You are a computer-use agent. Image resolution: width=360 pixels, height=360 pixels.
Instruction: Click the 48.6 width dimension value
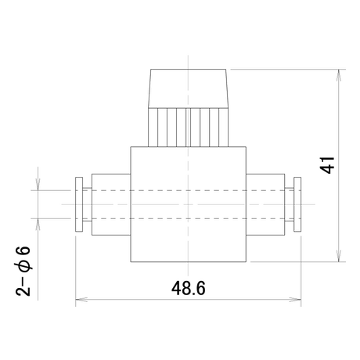[x=189, y=288]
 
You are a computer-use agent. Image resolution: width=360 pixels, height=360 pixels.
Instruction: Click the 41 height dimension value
[x=327, y=165]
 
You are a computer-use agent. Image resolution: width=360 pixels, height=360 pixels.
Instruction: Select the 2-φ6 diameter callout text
[x=23, y=271]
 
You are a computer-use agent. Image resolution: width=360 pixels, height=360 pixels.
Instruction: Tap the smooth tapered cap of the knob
[x=188, y=88]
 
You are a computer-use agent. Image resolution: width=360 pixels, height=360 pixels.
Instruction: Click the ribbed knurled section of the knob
[x=188, y=128]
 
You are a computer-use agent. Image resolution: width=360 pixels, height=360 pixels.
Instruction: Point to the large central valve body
[x=188, y=204]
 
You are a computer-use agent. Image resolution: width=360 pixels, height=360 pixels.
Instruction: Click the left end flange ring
[x=79, y=204]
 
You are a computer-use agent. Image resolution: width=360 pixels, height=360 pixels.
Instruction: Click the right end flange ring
[x=297, y=204]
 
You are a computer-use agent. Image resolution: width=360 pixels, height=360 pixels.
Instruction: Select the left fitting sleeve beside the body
[x=111, y=204]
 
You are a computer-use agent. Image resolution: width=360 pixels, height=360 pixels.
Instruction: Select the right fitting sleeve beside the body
[x=265, y=204]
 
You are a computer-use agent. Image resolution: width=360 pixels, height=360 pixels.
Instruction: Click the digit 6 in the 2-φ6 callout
[x=23, y=251]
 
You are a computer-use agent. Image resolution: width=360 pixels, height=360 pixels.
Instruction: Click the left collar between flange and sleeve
[x=87, y=204]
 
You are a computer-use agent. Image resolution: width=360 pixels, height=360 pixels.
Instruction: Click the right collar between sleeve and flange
[x=289, y=204]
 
